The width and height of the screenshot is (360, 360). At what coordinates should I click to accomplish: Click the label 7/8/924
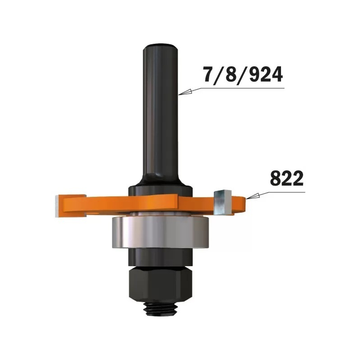[243, 75]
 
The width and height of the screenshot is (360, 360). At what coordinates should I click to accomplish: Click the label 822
[287, 178]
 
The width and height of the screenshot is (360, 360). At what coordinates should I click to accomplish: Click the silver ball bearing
[161, 232]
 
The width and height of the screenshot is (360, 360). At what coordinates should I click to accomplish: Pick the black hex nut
[161, 283]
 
